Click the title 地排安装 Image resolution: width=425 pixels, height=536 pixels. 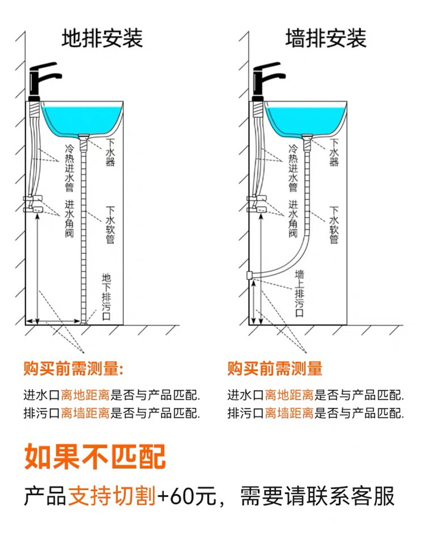click(x=102, y=39)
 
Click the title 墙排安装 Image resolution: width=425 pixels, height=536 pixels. click(x=325, y=39)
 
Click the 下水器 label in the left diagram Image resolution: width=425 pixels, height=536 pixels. click(x=110, y=153)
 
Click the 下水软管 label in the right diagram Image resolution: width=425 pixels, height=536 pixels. click(x=334, y=225)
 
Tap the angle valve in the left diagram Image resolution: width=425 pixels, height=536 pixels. click(x=36, y=204)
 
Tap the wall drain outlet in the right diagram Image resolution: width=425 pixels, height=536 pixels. click(x=250, y=276)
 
